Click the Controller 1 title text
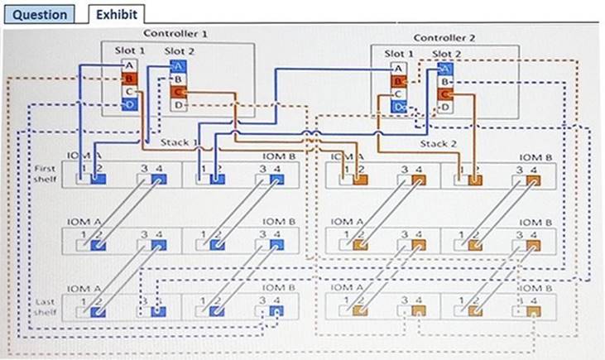click(x=175, y=34)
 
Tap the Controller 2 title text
click(x=445, y=37)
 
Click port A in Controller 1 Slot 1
click(x=128, y=65)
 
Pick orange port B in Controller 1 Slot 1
click(x=128, y=79)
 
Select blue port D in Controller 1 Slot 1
click(x=128, y=104)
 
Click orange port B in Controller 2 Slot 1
click(x=398, y=82)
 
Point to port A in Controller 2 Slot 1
click(x=398, y=69)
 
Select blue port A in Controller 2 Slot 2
click(x=445, y=70)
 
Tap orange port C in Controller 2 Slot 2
click(x=445, y=94)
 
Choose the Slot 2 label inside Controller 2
click(x=447, y=55)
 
